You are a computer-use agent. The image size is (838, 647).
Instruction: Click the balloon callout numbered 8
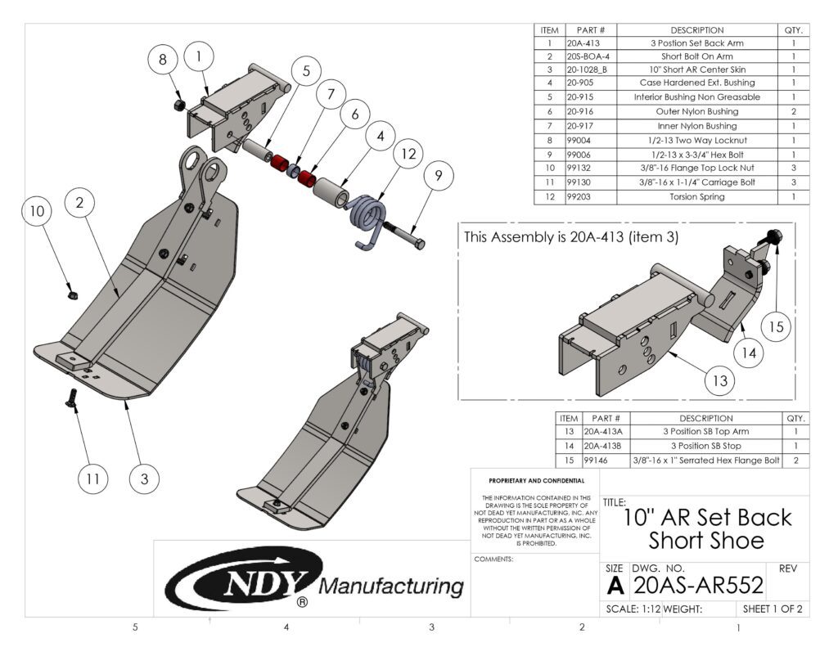click(x=163, y=59)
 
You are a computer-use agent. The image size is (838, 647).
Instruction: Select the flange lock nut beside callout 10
click(x=72, y=290)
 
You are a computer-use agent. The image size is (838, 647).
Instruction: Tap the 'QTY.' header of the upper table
click(x=792, y=29)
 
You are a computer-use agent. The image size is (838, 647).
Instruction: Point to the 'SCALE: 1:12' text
click(x=632, y=609)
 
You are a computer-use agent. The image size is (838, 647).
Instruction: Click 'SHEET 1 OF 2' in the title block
click(x=771, y=609)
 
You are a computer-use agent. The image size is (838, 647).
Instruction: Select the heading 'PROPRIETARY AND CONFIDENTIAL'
click(x=536, y=480)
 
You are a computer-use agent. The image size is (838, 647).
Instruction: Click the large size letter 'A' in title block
click(x=615, y=585)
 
